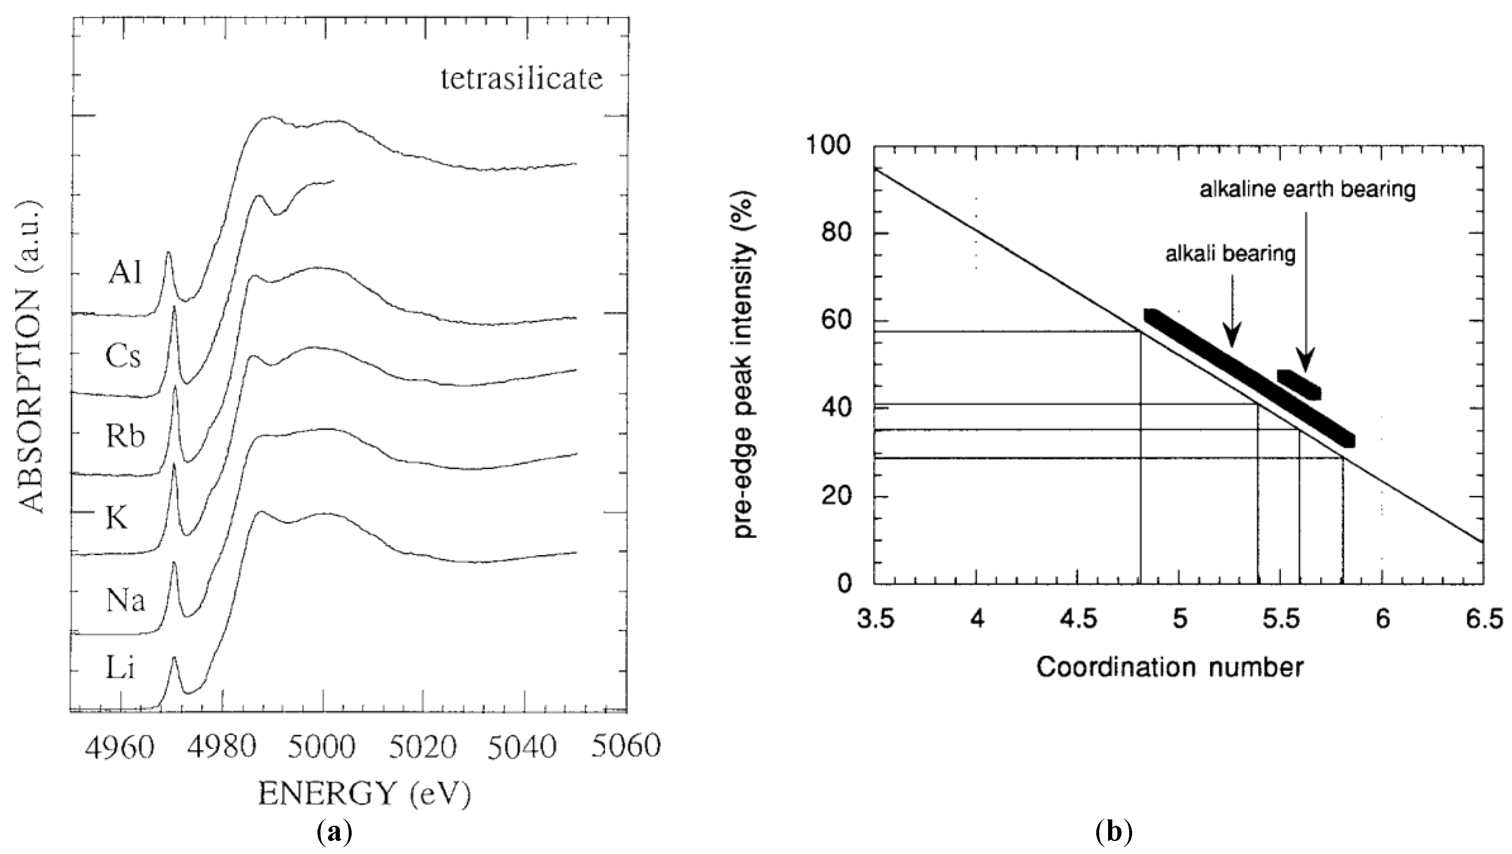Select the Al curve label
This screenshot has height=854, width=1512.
(x=125, y=273)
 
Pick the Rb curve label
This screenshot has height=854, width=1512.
(x=125, y=436)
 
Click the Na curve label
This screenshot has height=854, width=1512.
(x=125, y=600)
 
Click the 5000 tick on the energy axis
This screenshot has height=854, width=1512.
(x=322, y=748)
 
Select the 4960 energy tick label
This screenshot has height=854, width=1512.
(x=119, y=748)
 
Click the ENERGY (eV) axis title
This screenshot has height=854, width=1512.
(x=364, y=795)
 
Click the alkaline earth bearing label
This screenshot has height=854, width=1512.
(x=1307, y=190)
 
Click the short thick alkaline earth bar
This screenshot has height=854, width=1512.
(x=1298, y=384)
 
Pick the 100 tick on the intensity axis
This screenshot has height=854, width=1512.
(x=829, y=145)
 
